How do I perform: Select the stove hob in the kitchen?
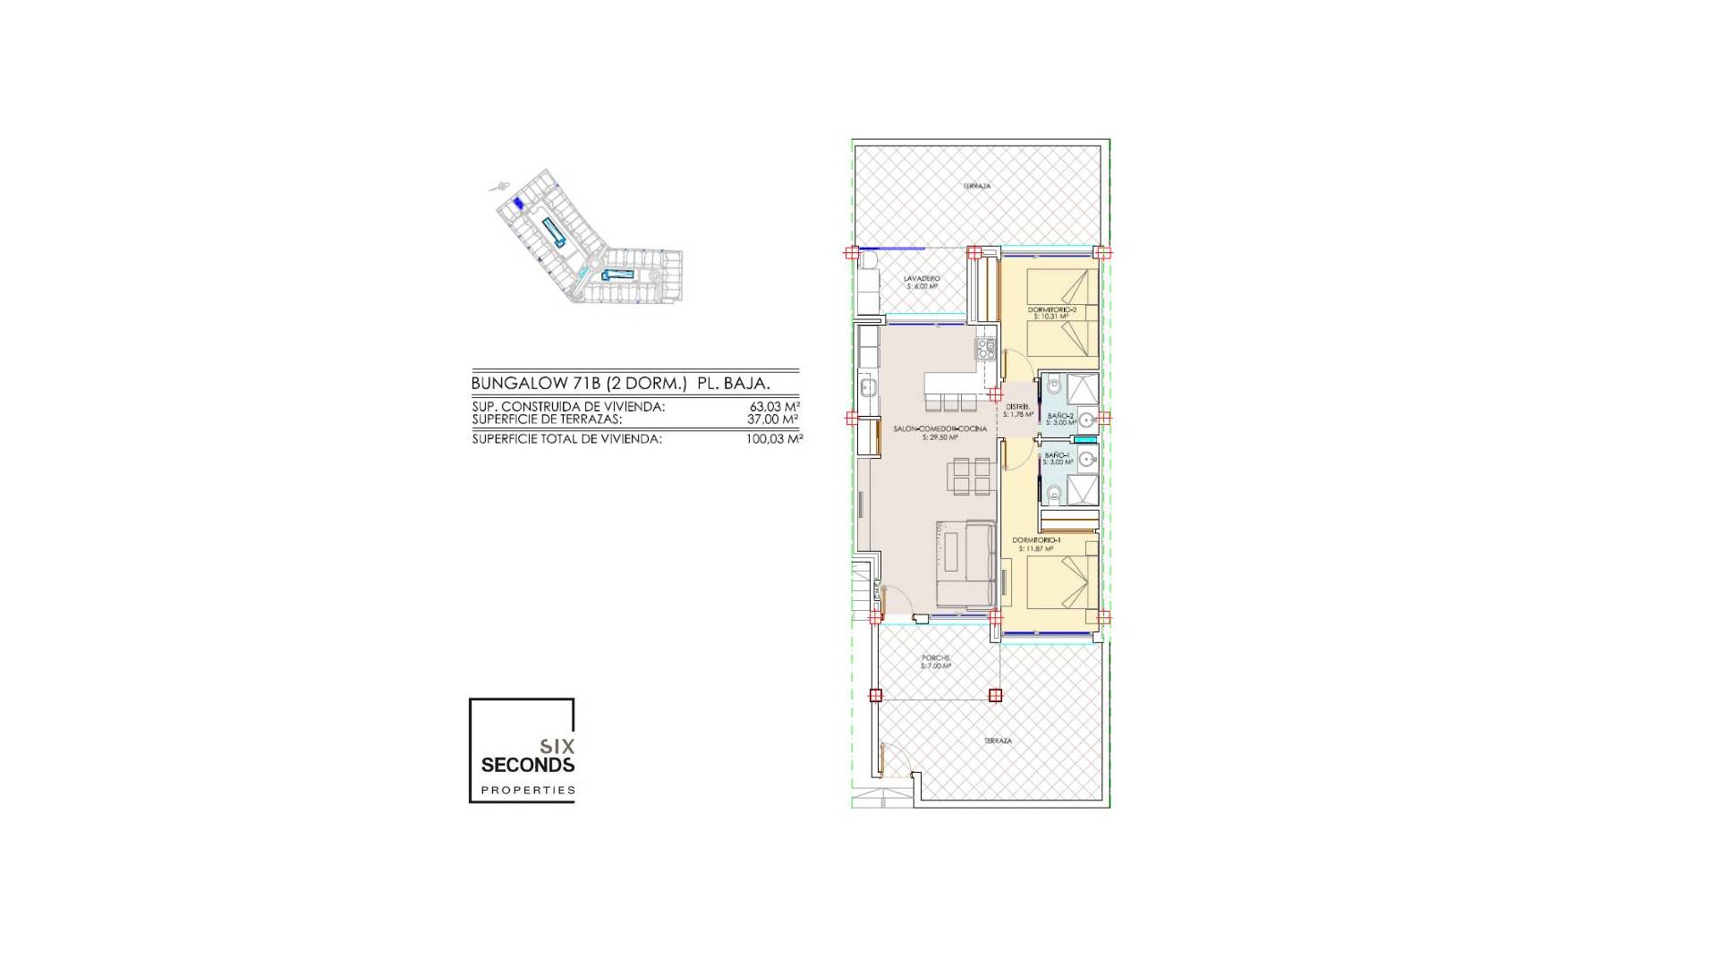[x=986, y=348]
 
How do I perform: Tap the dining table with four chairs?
[x=971, y=476]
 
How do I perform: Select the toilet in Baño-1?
[x=1053, y=492]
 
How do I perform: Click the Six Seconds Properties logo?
[x=523, y=750]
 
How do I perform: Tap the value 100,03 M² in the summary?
[x=774, y=439]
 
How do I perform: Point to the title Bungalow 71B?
[x=620, y=384]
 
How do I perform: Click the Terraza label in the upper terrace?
[x=976, y=186]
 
